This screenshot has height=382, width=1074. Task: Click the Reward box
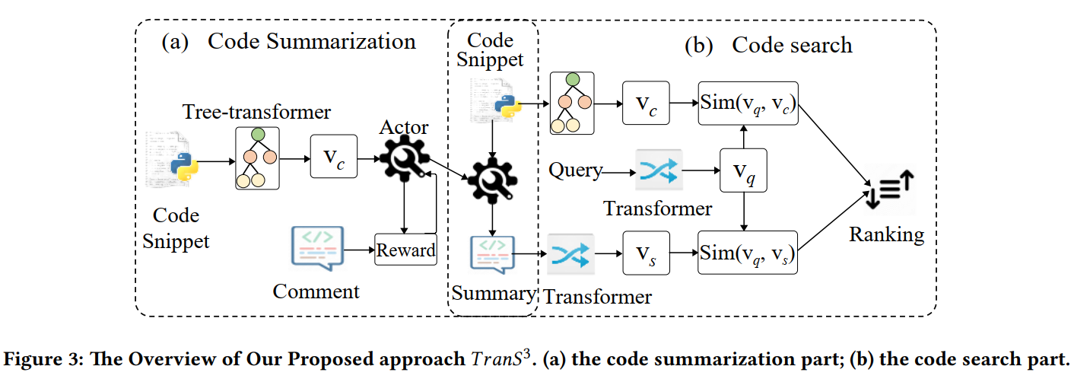[x=406, y=250]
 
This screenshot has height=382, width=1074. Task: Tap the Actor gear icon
[x=404, y=162]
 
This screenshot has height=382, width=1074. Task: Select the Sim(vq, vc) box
[x=748, y=103]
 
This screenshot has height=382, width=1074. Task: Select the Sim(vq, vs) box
[x=748, y=253]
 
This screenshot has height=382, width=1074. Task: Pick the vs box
[x=645, y=253]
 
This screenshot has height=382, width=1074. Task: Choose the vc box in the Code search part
[x=645, y=103]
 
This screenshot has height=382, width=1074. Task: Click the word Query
[x=575, y=170]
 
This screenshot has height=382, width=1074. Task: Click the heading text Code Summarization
[x=312, y=41]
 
